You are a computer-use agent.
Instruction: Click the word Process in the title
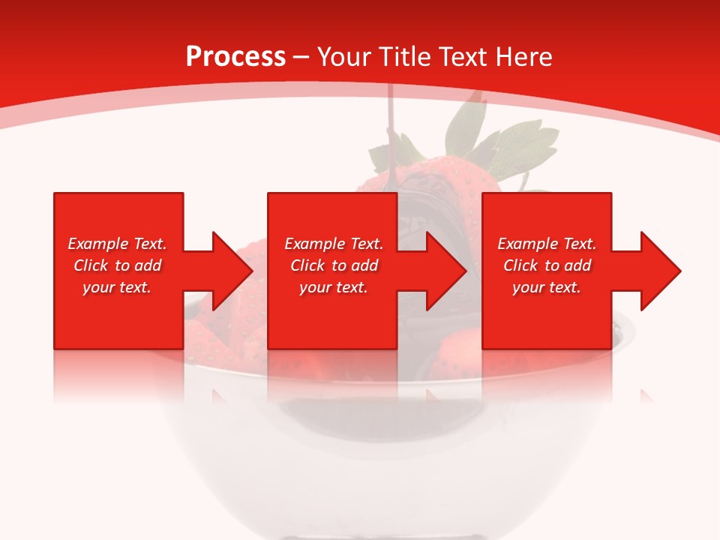click(x=235, y=57)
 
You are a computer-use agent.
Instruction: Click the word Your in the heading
click(x=344, y=57)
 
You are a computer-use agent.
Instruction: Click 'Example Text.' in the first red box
click(x=117, y=244)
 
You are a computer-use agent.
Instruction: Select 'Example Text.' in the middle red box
click(x=334, y=244)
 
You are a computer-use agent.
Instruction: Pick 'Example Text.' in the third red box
click(x=547, y=244)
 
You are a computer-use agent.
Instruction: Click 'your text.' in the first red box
click(x=117, y=287)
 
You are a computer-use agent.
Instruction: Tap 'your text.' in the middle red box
click(x=334, y=287)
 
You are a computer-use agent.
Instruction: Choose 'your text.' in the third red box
click(x=547, y=287)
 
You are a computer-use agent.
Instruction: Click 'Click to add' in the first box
click(x=117, y=265)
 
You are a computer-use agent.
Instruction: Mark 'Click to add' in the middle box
click(x=334, y=265)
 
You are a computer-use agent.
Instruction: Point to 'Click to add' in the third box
click(x=547, y=265)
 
